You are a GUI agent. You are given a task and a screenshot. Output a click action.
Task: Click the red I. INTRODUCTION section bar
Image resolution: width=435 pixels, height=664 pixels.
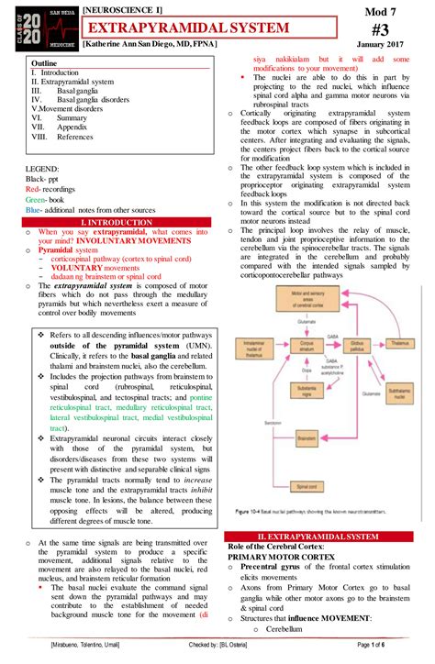tap(117, 223)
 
